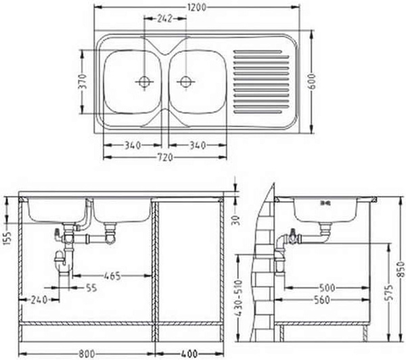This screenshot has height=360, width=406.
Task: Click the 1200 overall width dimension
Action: pos(197,7)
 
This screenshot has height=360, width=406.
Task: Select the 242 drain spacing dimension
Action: pos(164,18)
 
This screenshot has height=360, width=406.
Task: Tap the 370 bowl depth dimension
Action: pos(82,81)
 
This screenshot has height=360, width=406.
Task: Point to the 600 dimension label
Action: pos(312,82)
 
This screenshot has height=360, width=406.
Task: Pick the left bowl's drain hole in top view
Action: pos(144,82)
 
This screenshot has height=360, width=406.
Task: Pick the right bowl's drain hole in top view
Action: pos(186,82)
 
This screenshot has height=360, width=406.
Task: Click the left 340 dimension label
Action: pos(133,145)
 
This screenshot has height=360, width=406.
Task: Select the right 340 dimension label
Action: pos(198,145)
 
